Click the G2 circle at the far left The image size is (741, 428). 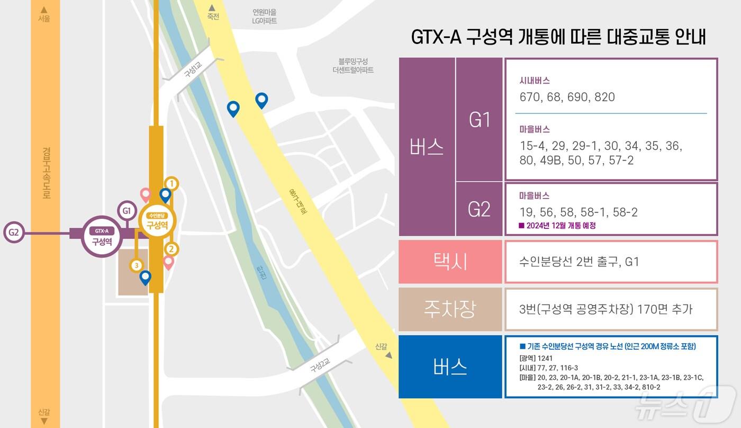[14, 233]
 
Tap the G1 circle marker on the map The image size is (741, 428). [126, 211]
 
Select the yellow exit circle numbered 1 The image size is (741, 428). [171, 183]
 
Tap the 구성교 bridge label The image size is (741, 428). [193, 69]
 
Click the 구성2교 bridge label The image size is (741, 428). [320, 365]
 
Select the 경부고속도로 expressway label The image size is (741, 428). [46, 173]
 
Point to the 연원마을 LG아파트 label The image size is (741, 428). [264, 16]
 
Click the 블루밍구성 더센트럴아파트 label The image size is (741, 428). [353, 65]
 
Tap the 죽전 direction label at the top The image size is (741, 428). [213, 16]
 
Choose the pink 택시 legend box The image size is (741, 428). [450, 262]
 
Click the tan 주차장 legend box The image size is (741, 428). [450, 309]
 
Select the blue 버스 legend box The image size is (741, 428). [450, 367]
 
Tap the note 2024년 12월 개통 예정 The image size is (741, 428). [561, 226]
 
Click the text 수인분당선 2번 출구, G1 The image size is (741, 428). [579, 262]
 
